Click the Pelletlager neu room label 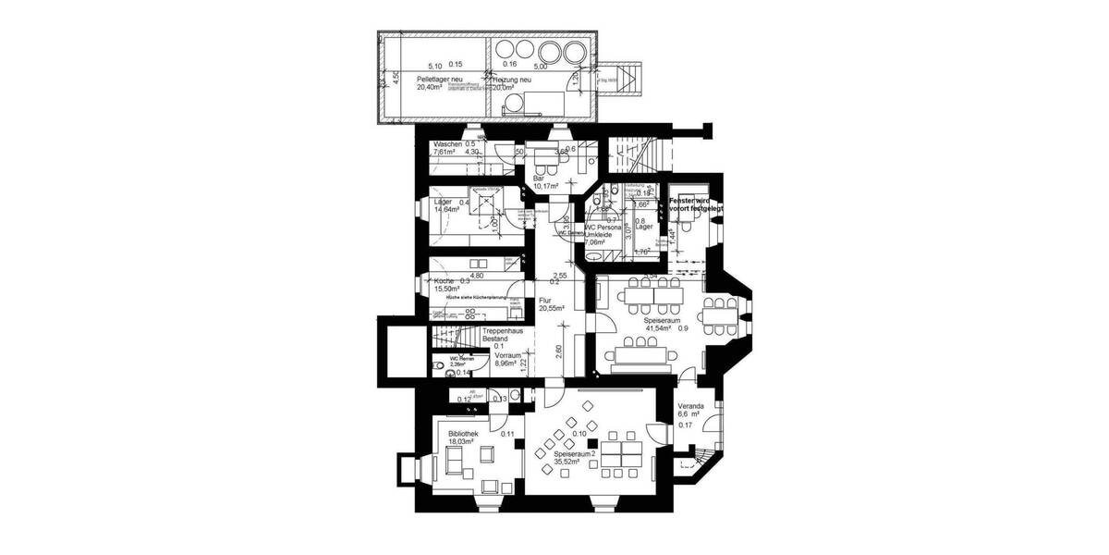point(440,80)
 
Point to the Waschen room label point(447,144)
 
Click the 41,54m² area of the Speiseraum point(660,328)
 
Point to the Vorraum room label point(510,354)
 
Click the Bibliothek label point(463,433)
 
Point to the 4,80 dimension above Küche point(477,275)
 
